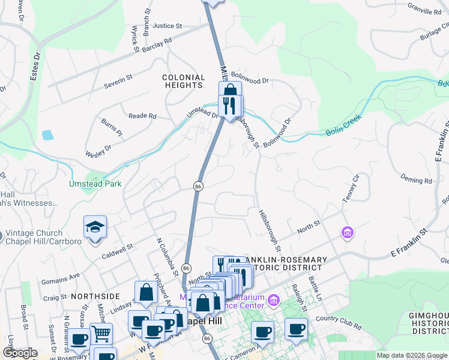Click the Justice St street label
pyautogui.click(x=167, y=26)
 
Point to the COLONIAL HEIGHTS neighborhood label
pyautogui.click(x=184, y=82)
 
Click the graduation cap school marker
pyautogui.click(x=95, y=228)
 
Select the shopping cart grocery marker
pyautogui.click(x=101, y=333)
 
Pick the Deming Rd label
pyautogui.click(x=416, y=180)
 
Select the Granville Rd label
pyautogui.click(x=424, y=11)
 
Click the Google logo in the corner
pyautogui.click(x=19, y=353)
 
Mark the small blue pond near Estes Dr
pyautogui.click(x=47, y=134)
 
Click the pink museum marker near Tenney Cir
pyautogui.click(x=347, y=232)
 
